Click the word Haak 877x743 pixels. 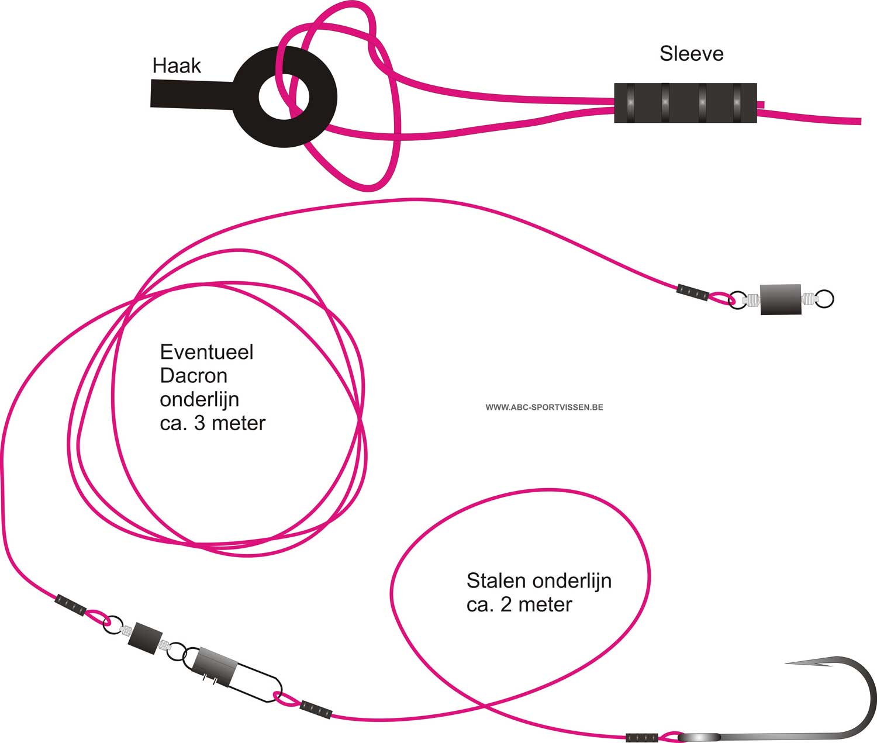click(177, 65)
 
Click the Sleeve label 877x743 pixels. click(691, 54)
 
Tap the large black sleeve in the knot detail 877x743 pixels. click(685, 103)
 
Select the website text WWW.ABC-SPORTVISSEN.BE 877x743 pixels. click(544, 407)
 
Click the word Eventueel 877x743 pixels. click(206, 353)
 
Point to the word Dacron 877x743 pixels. click(194, 376)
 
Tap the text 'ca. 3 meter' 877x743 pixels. click(212, 423)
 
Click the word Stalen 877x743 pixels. click(498, 581)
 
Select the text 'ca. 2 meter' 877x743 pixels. click(519, 604)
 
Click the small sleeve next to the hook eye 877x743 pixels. click(641, 738)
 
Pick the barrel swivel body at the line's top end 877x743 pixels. click(781, 299)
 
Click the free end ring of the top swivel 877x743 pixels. click(824, 299)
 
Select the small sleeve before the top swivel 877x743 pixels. click(693, 292)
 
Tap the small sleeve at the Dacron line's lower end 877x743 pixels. click(70, 605)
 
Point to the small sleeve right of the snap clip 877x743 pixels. click(316, 710)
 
